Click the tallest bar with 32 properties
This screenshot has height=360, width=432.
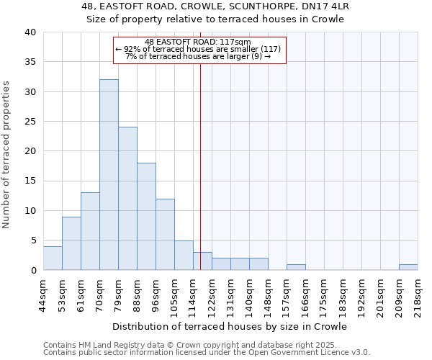[x=109, y=175]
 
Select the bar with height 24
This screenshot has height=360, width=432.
[x=127, y=199]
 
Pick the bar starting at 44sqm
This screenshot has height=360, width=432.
[x=53, y=258]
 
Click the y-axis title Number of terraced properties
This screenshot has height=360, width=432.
[x=7, y=155]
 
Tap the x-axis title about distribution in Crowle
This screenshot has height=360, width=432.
[x=230, y=327]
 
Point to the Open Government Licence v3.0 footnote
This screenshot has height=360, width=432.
[x=207, y=353]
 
